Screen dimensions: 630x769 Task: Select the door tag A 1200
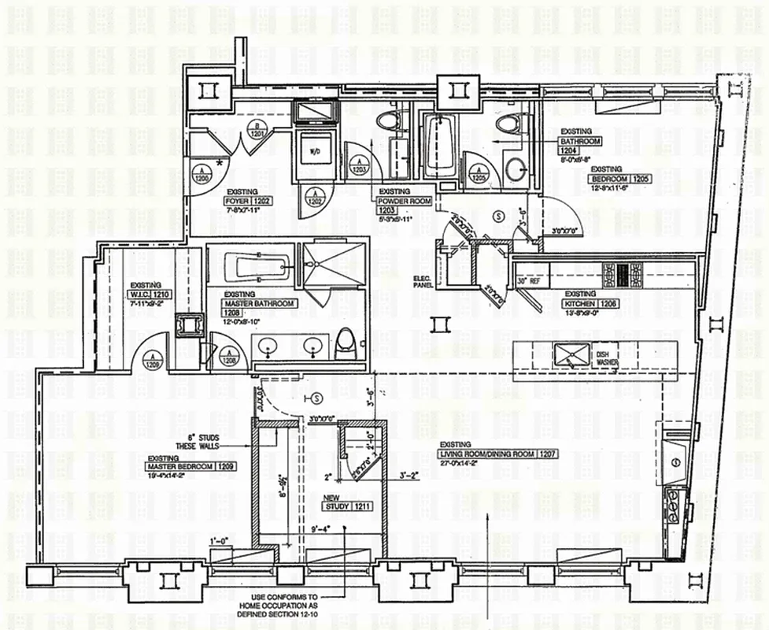coord(201,174)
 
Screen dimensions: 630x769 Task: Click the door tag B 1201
coord(256,130)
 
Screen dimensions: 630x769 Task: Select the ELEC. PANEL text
coord(424,281)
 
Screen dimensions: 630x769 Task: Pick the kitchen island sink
coord(567,354)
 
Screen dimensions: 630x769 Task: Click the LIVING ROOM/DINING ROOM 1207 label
coord(489,454)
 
